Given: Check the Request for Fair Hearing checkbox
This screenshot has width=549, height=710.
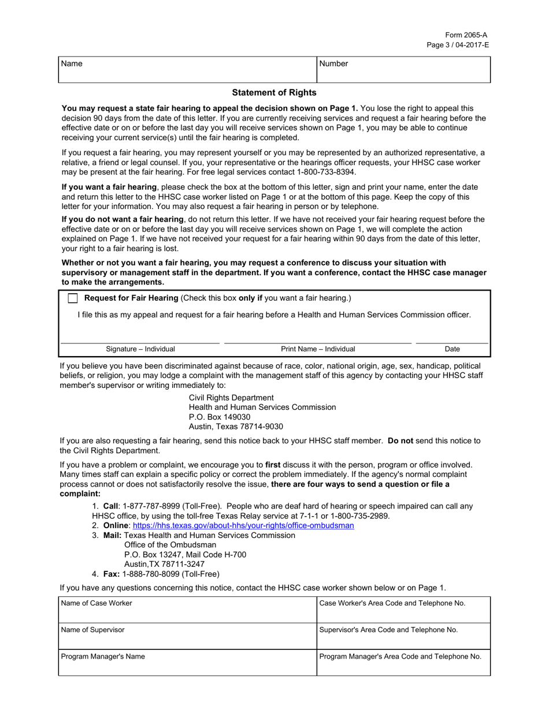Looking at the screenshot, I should (x=73, y=298).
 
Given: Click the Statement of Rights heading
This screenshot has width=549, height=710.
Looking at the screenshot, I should (x=274, y=92).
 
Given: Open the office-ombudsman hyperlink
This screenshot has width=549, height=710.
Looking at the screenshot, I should (x=243, y=526).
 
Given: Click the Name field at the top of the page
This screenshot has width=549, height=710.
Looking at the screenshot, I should (x=187, y=70).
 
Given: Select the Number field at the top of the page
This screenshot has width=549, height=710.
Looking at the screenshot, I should (x=403, y=70).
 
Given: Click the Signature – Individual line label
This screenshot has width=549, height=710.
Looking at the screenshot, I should (x=140, y=349).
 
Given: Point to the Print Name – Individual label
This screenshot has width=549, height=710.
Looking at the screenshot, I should (x=318, y=349).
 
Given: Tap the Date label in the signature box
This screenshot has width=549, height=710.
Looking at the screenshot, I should (x=452, y=349).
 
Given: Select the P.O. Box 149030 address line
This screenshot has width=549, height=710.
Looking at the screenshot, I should (x=220, y=417).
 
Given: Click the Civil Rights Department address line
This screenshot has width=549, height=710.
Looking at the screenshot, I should (x=231, y=398).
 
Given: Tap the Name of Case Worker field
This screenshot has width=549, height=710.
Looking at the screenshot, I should (x=187, y=610).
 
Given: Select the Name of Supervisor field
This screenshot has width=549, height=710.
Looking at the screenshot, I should (x=187, y=636).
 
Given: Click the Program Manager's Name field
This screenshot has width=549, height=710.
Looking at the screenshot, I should (x=187, y=663).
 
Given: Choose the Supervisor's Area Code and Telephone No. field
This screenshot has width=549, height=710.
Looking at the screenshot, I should (x=403, y=636).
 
